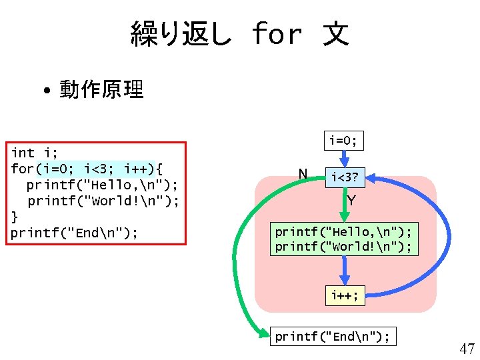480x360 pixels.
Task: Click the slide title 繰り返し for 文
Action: tap(239, 33)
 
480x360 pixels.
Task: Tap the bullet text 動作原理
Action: tap(101, 89)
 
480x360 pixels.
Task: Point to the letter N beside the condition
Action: tap(303, 175)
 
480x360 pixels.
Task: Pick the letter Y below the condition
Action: tap(351, 200)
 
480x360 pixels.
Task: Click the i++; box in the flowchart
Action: tap(345, 295)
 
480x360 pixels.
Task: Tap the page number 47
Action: tap(467, 349)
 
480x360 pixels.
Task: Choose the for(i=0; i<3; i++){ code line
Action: tap(87, 168)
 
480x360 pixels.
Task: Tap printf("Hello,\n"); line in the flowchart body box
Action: tap(343, 231)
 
